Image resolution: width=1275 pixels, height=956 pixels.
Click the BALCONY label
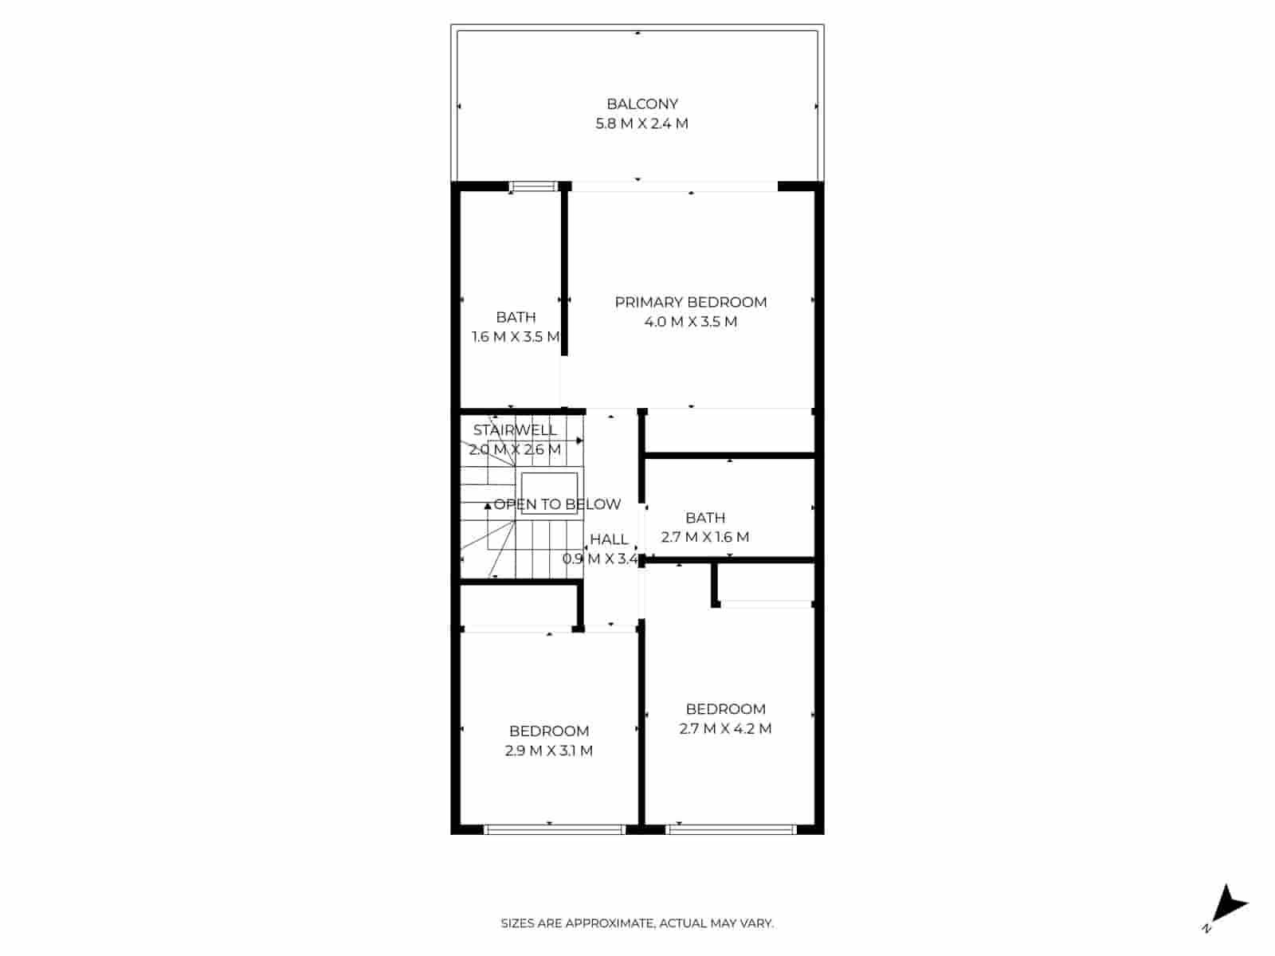pos(641,104)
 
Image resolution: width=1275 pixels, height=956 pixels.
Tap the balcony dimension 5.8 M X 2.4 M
pos(641,123)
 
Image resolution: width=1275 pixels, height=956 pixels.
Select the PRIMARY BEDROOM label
pos(690,302)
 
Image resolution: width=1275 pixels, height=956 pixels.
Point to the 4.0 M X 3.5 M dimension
pos(690,322)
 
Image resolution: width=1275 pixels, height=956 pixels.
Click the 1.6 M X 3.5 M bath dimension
pos(515,336)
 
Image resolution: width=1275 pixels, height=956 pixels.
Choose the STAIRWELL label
pos(514,430)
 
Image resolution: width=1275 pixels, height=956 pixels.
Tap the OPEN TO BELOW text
pos(557,504)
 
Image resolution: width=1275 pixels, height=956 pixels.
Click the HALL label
pos(609,539)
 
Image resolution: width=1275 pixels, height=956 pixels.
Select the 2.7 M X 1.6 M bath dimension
pos(704,537)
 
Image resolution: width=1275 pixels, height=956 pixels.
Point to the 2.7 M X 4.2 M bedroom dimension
pos(725,728)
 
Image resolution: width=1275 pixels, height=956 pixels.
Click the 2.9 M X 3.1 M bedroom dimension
pos(548,750)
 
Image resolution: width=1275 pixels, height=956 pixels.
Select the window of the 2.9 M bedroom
pos(555,829)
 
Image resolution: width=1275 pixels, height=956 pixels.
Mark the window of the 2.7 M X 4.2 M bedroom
pos(731,829)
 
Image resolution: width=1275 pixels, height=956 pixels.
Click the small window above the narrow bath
pos(533,187)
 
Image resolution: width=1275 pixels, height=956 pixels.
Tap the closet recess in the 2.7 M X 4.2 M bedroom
pos(765,582)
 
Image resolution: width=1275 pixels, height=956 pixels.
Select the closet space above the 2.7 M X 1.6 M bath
pos(729,432)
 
